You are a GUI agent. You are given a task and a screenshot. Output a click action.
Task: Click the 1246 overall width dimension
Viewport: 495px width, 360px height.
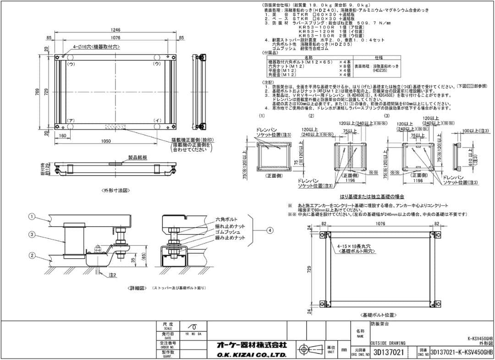(115, 30)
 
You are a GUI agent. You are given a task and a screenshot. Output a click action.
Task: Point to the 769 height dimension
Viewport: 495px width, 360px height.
(38, 92)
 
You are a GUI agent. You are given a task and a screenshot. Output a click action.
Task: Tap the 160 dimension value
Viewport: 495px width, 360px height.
(63, 136)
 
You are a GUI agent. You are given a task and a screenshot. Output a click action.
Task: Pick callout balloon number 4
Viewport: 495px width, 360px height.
(270, 230)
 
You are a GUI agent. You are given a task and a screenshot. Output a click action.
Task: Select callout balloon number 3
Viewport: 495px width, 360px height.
(32, 234)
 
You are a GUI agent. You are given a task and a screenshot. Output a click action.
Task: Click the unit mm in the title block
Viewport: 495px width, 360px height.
(344, 350)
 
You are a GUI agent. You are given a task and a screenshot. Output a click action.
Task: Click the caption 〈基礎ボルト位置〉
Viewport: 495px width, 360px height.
(378, 316)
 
